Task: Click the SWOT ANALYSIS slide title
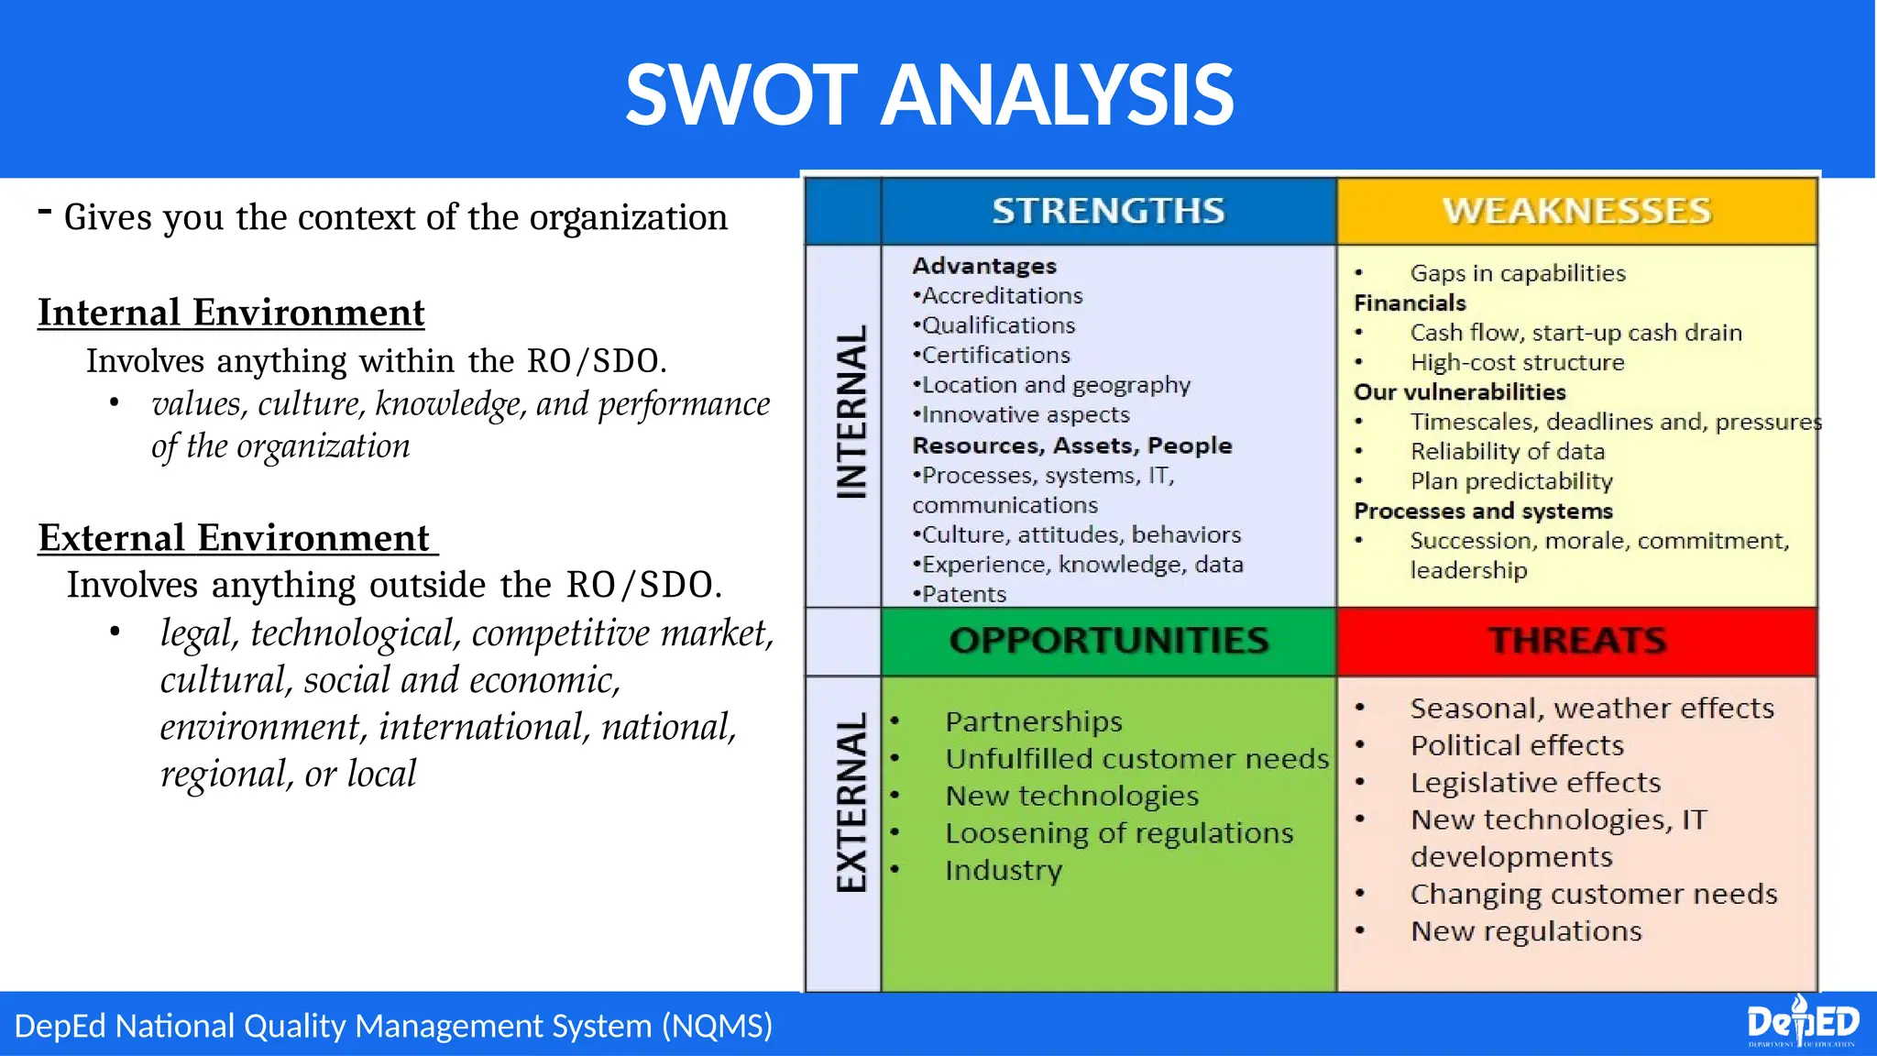[x=929, y=94]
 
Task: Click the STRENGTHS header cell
[x=1108, y=211]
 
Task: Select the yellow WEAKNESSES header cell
[x=1576, y=211]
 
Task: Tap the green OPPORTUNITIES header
[x=1108, y=640]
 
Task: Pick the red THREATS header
[x=1576, y=640]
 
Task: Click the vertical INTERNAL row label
[x=851, y=412]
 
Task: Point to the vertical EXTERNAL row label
[x=851, y=801]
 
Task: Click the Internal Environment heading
[x=231, y=313]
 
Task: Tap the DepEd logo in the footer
[x=1802, y=1022]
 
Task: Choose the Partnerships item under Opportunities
[x=1034, y=721]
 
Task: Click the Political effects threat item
[x=1517, y=745]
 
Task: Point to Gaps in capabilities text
[x=1517, y=273]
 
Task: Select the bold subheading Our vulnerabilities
[x=1460, y=392]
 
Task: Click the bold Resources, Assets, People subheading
[x=1071, y=445]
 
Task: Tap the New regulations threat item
[x=1526, y=931]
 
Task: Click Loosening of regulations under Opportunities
[x=1119, y=833]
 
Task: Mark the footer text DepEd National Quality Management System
[x=393, y=1025]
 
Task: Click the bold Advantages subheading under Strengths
[x=984, y=266]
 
